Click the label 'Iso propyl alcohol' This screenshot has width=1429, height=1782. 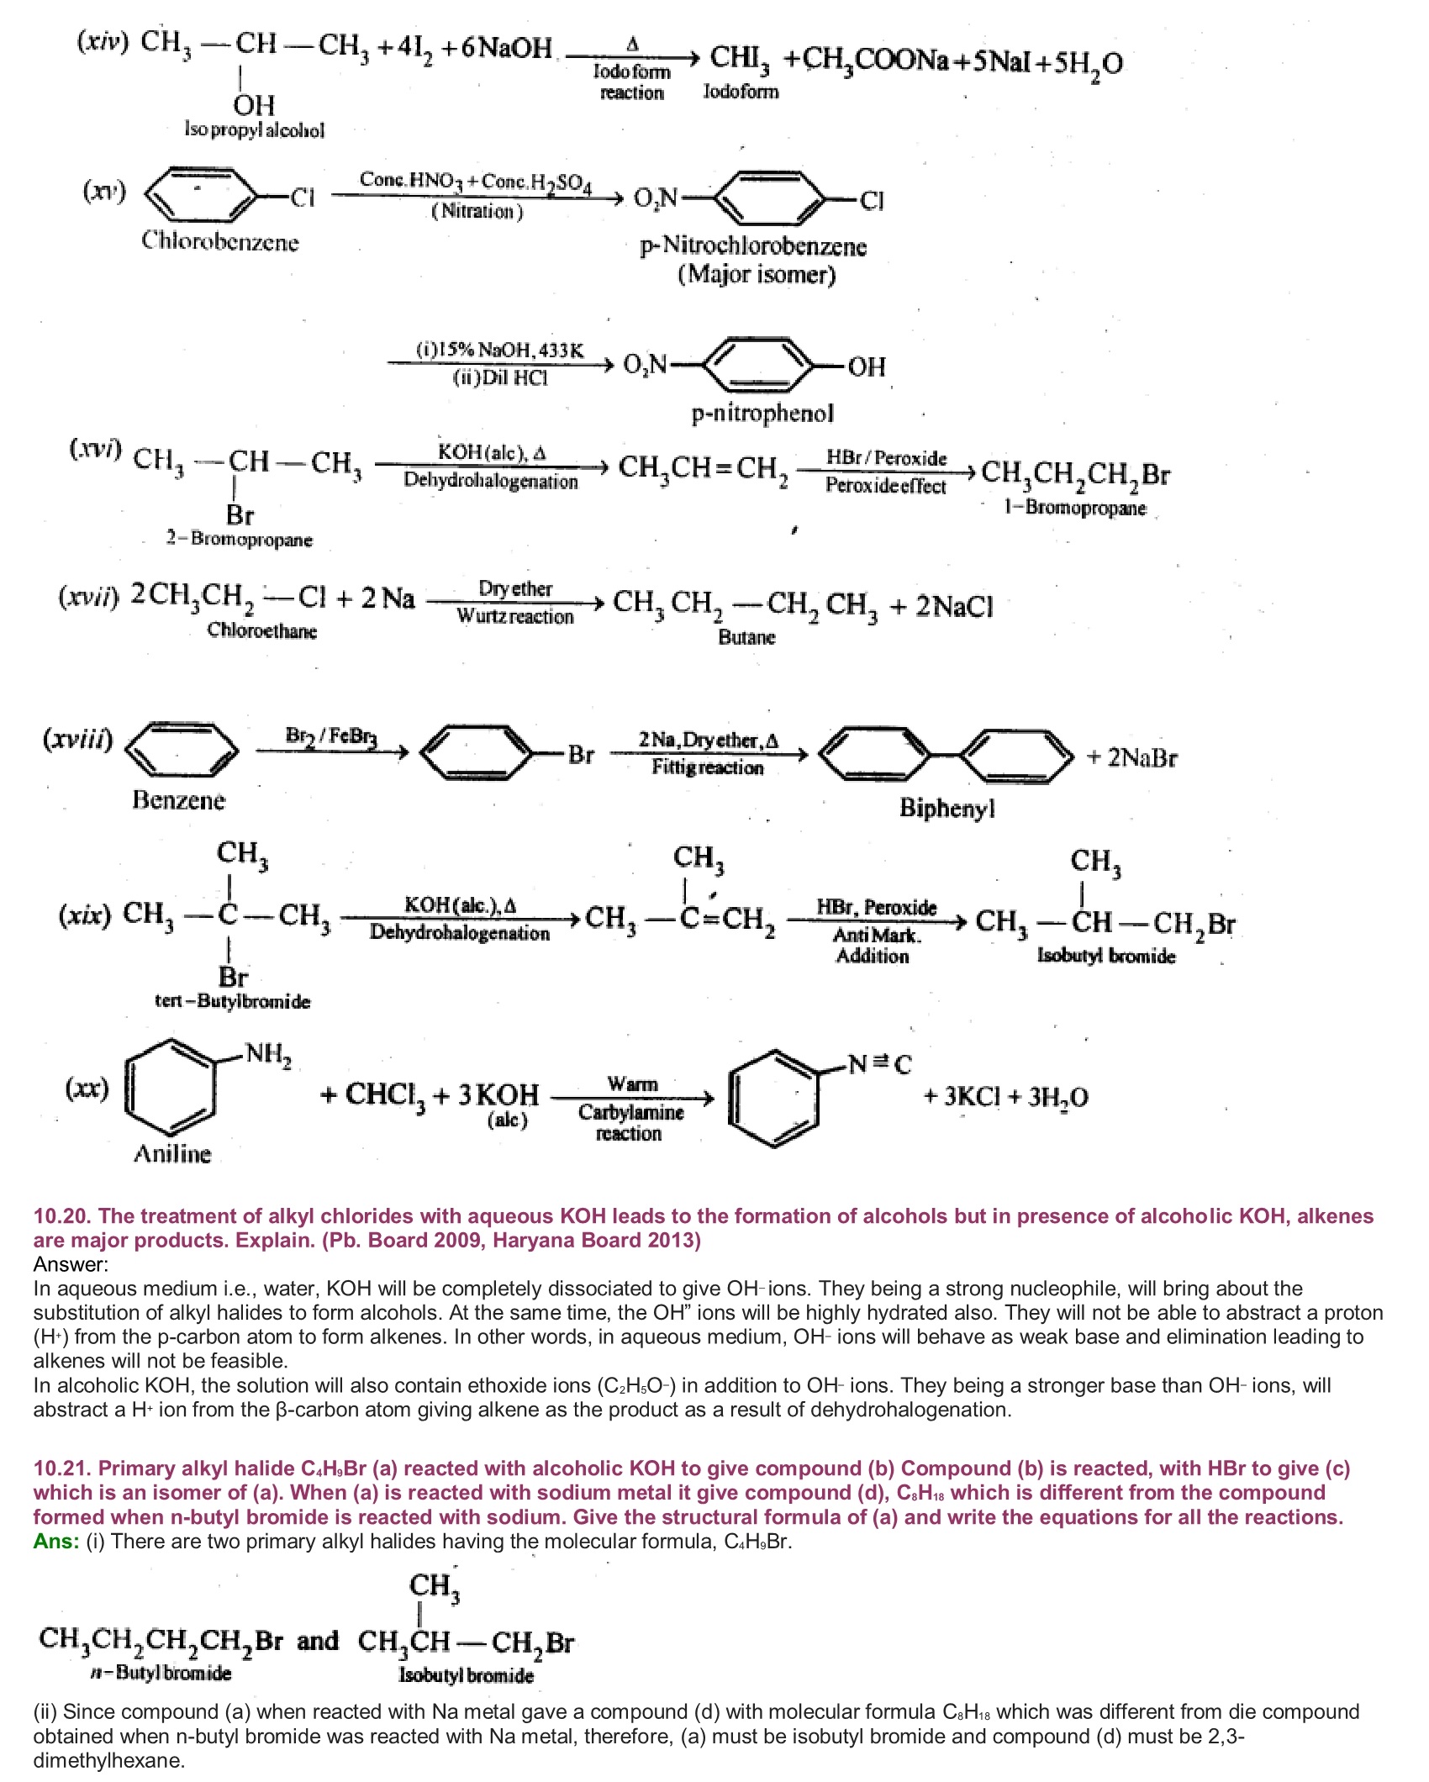(255, 129)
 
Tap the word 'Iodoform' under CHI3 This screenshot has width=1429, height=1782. (741, 91)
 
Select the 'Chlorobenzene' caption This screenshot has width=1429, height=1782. (220, 241)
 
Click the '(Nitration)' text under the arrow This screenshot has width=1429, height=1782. (477, 211)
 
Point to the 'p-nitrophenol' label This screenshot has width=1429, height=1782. (762, 413)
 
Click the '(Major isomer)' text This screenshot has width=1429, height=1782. (757, 274)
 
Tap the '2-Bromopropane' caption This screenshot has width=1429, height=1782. (240, 539)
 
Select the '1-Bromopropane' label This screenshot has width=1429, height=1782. (1075, 508)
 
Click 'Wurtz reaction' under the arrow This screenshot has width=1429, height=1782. (514, 616)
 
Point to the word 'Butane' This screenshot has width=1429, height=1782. (746, 636)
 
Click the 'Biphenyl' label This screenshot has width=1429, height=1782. (947, 808)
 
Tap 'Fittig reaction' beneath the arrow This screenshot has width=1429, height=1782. (708, 767)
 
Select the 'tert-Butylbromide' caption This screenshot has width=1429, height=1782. (232, 1001)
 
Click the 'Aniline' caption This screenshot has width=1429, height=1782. (172, 1153)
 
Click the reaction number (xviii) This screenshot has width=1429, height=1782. (78, 739)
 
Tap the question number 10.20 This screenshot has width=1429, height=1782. (62, 1216)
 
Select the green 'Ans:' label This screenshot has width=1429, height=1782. (56, 1541)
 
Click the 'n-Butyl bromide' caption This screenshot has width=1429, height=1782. (161, 1673)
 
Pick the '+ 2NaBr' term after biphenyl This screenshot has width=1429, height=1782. (1131, 757)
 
